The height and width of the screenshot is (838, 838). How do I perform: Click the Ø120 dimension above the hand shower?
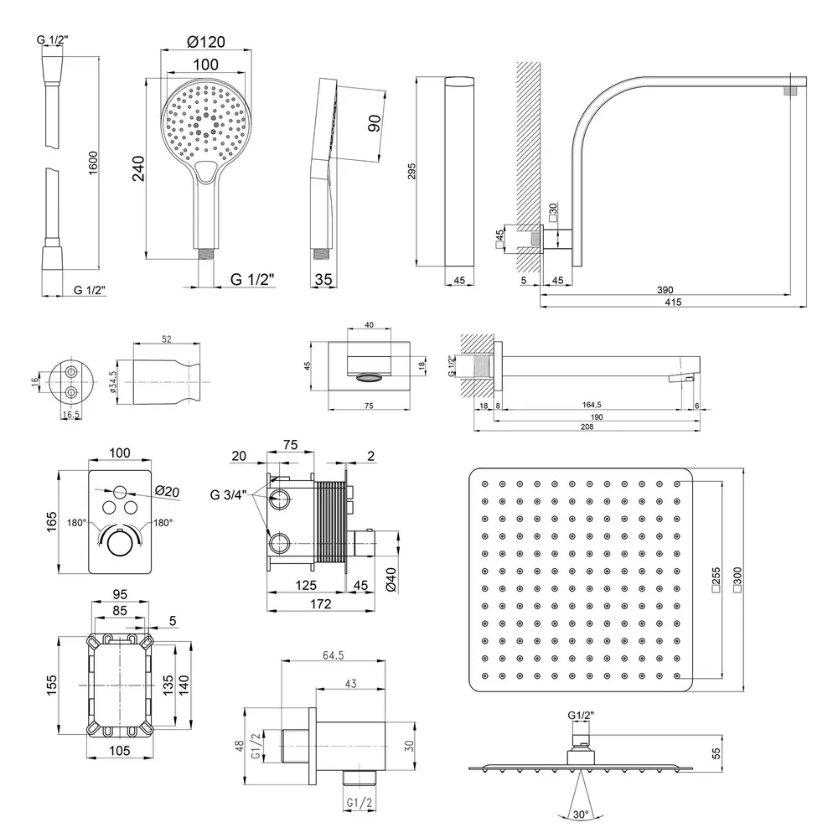click(x=205, y=42)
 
